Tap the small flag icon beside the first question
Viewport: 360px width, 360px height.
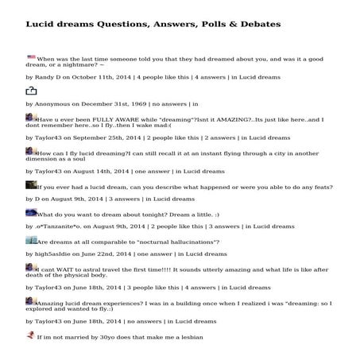pyautogui.click(x=31, y=58)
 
